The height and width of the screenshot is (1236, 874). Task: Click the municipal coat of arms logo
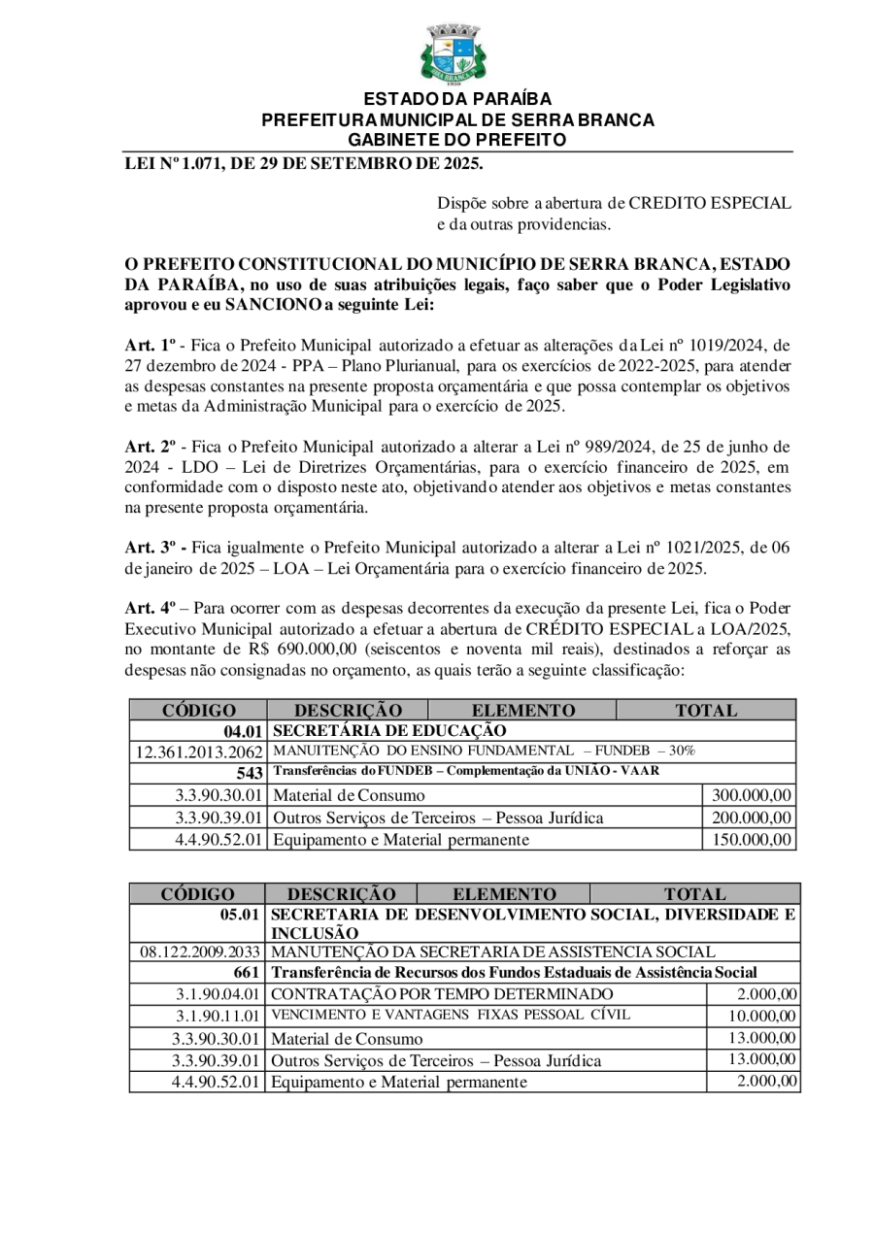coord(453,54)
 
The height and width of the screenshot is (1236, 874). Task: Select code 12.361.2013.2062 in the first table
coord(199,752)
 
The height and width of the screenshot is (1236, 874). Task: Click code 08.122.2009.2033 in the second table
coord(200,952)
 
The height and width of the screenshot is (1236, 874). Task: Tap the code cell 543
coord(250,773)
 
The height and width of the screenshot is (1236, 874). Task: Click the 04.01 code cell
coord(243,730)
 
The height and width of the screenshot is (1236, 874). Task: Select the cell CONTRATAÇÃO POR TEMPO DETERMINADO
coord(442,993)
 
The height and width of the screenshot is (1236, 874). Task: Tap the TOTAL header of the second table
coord(694,893)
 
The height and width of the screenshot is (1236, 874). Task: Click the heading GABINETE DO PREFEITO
coord(457,140)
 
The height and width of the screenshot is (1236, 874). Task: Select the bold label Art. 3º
coord(155,547)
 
